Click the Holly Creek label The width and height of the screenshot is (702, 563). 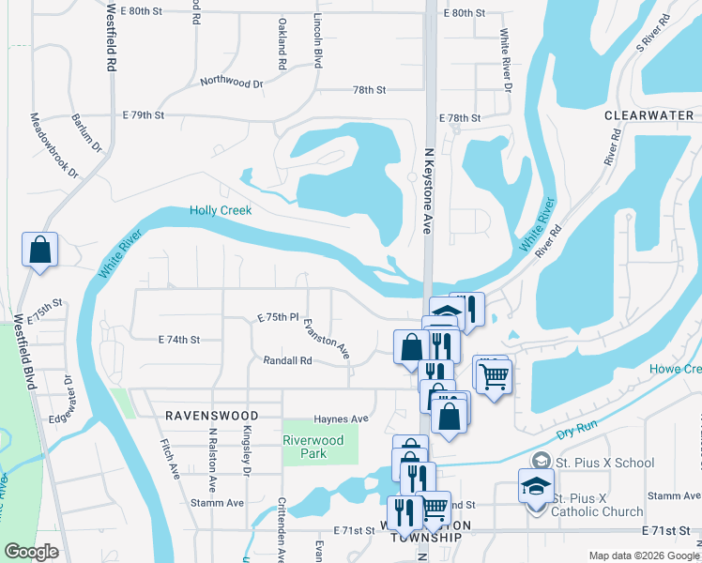221,211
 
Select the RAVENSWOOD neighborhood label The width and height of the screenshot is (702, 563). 211,414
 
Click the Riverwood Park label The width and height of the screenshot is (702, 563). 319,446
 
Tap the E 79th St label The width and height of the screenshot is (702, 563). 144,115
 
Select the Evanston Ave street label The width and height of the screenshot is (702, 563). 326,339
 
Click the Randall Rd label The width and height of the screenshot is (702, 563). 287,359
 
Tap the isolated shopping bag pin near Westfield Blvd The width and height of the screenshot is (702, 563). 40,251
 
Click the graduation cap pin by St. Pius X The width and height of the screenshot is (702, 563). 536,488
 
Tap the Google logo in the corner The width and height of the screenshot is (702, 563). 31,552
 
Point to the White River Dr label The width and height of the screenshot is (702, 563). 506,59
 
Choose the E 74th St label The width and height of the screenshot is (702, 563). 179,339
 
